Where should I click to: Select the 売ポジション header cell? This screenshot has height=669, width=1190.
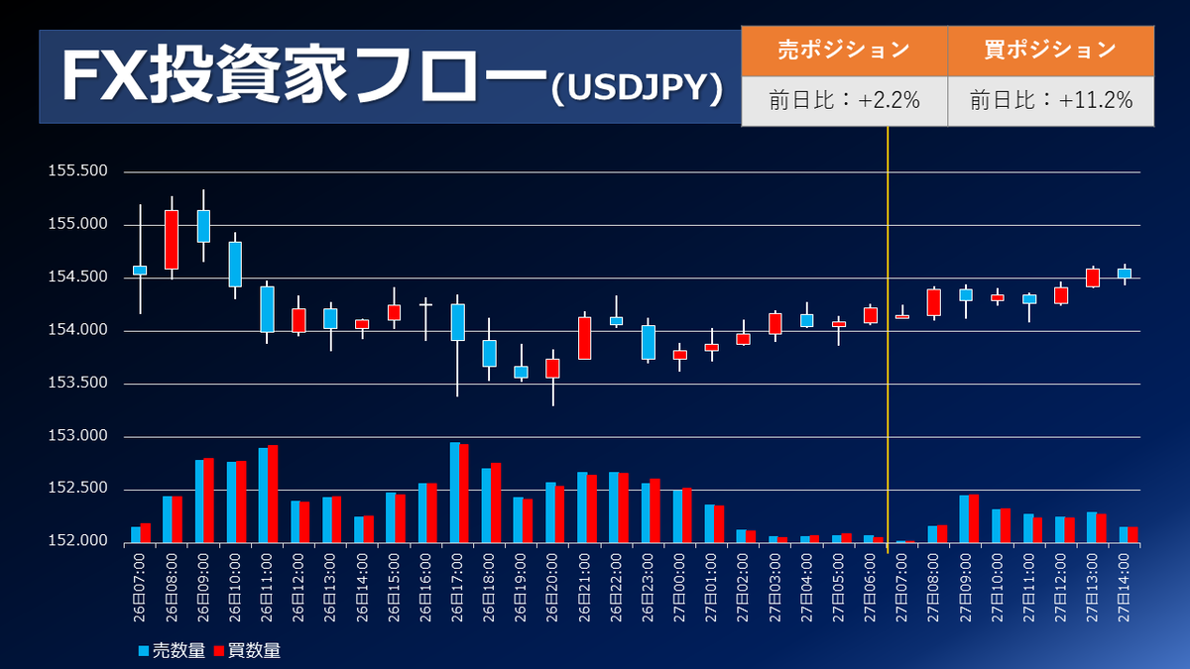pyautogui.click(x=844, y=50)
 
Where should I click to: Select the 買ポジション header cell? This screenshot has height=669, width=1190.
pyautogui.click(x=1050, y=50)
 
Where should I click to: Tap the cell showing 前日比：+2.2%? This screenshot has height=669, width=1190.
pyautogui.click(x=844, y=100)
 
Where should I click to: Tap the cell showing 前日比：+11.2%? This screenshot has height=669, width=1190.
pyautogui.click(x=1050, y=100)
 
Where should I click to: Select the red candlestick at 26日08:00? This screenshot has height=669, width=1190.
pyautogui.click(x=172, y=239)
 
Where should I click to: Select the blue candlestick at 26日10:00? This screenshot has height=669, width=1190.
pyautogui.click(x=235, y=264)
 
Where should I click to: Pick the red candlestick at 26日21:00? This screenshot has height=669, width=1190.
pyautogui.click(x=585, y=338)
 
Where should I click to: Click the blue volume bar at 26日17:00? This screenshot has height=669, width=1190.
pyautogui.click(x=454, y=493)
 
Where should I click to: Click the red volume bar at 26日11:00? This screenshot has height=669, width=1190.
pyautogui.click(x=273, y=494)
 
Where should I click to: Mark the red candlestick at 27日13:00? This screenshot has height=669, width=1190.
pyautogui.click(x=1093, y=278)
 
